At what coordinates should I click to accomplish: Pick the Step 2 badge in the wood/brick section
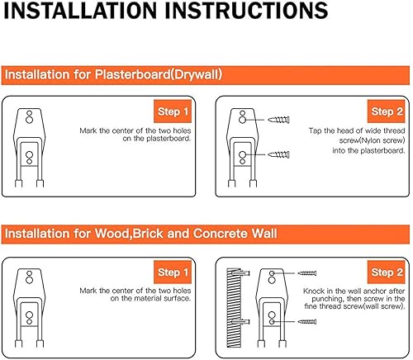point(387,272)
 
